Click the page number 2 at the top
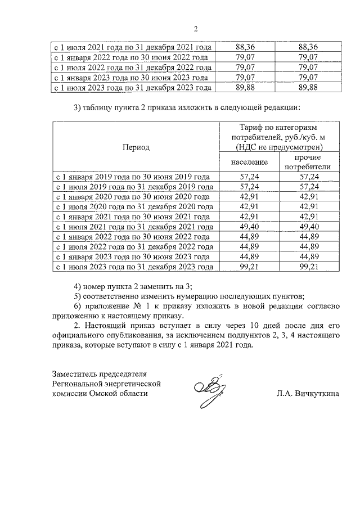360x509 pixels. [x=196, y=29]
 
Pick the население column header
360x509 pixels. [x=249, y=162]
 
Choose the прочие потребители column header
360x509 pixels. [x=308, y=162]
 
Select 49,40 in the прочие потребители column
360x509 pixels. [x=308, y=226]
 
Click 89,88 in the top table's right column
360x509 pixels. [x=308, y=87]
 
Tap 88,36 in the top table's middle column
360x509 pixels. [x=249, y=47]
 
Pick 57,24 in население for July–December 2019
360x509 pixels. [x=249, y=186]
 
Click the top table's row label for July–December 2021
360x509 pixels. [x=132, y=47]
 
